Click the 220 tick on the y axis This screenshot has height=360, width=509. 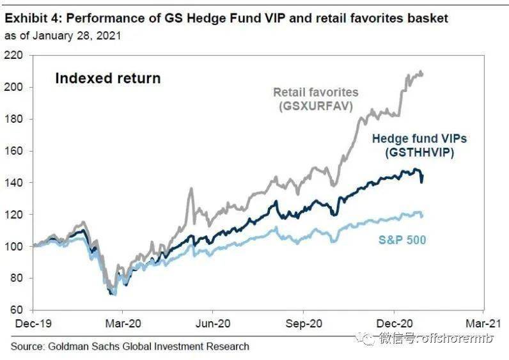(x=13, y=56)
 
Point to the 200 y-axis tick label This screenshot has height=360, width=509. (x=13, y=88)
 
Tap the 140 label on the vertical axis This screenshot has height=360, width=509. (x=13, y=183)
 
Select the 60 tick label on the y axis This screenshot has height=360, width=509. (x=17, y=310)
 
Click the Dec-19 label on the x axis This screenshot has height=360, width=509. (x=33, y=324)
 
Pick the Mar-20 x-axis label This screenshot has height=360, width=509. (x=123, y=324)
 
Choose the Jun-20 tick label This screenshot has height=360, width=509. (x=213, y=324)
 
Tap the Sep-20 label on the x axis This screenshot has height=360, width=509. (x=304, y=324)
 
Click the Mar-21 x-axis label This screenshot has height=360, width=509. (x=483, y=324)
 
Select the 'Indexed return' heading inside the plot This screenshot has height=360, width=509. (x=108, y=79)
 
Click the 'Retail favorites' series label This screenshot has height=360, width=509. (x=316, y=92)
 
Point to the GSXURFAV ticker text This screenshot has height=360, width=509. (x=316, y=106)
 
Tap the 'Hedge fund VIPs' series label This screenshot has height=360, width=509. (x=419, y=139)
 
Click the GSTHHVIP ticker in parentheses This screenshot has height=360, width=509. (x=419, y=153)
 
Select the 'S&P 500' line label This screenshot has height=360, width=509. (x=402, y=240)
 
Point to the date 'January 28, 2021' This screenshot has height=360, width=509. (x=77, y=36)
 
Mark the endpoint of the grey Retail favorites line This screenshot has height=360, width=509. (x=422, y=74)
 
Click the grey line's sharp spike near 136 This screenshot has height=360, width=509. (x=191, y=189)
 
